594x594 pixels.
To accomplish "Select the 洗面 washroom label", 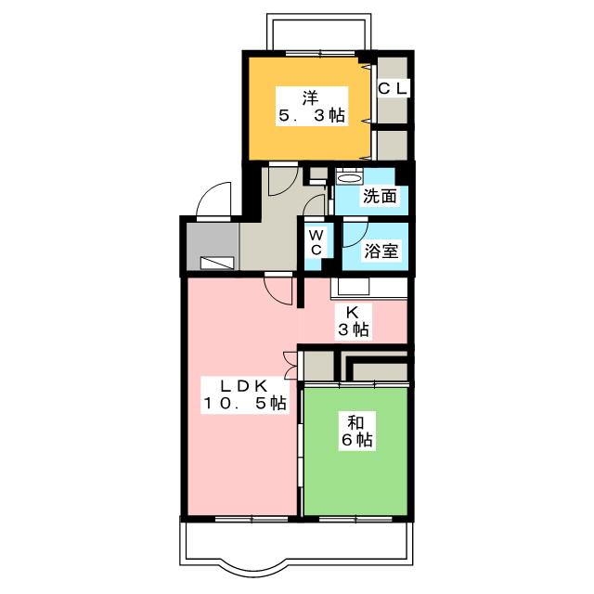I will click(x=380, y=196).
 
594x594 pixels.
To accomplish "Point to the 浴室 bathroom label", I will click(x=380, y=250).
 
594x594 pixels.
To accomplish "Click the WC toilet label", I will click(x=316, y=243).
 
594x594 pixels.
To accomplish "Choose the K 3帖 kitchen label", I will click(x=352, y=320).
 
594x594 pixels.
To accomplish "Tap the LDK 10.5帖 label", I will click(x=244, y=394).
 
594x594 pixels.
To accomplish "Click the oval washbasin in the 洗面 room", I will click(x=349, y=176).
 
